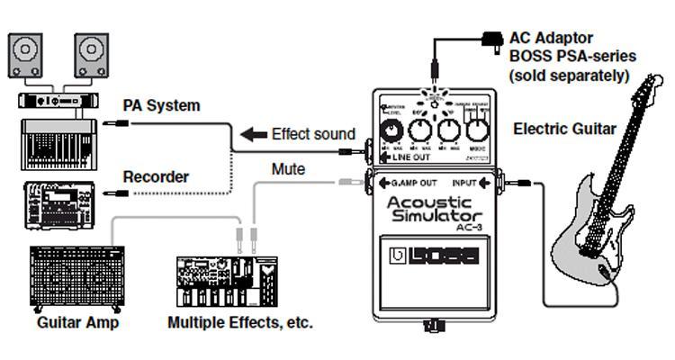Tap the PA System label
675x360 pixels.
tap(161, 105)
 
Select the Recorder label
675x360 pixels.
tap(155, 177)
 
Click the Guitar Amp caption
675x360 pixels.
tap(77, 321)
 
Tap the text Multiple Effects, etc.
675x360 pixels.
tap(240, 321)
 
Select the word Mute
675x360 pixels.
tap(288, 168)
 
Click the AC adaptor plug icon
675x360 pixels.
tap(492, 40)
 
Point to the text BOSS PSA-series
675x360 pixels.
tap(572, 57)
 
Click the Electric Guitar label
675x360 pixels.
tap(564, 129)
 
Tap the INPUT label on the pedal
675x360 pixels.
tap(463, 183)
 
